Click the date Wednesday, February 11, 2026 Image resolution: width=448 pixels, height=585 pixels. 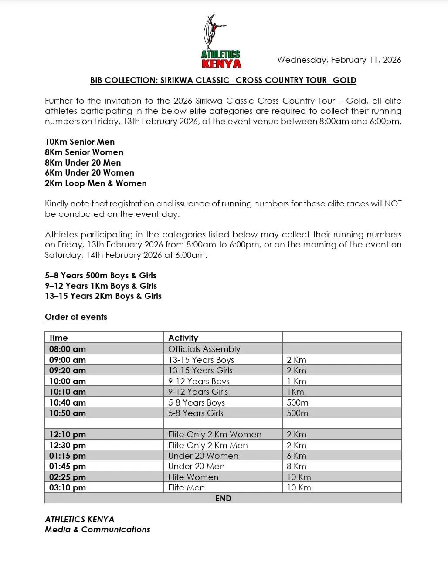(x=339, y=60)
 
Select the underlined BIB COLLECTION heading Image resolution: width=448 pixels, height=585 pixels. (x=223, y=80)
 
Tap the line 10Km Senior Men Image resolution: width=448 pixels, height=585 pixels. (x=80, y=142)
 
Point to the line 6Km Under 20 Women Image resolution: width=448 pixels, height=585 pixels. (x=89, y=172)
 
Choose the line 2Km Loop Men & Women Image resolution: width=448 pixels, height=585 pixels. (x=95, y=183)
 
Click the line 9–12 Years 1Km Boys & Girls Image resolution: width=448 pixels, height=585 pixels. (x=101, y=286)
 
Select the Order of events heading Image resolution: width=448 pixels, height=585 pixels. (x=76, y=317)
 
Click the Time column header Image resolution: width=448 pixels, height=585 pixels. (x=58, y=338)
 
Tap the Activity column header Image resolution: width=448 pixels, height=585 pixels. (x=183, y=338)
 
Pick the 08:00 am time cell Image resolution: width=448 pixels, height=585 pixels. (x=68, y=349)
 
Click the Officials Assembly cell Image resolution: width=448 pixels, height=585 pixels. (x=204, y=349)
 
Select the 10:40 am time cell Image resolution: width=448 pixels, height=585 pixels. (x=68, y=402)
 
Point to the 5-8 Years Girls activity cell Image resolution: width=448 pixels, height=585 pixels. (x=196, y=413)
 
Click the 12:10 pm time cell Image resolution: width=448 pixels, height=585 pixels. (x=68, y=434)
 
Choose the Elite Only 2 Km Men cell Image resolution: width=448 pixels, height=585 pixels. (x=208, y=445)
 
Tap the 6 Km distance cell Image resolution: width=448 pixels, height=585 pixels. (x=296, y=456)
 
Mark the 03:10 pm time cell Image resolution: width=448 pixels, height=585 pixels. (x=68, y=487)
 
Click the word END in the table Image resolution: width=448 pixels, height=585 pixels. (x=223, y=498)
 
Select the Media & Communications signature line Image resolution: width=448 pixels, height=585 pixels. (x=97, y=529)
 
